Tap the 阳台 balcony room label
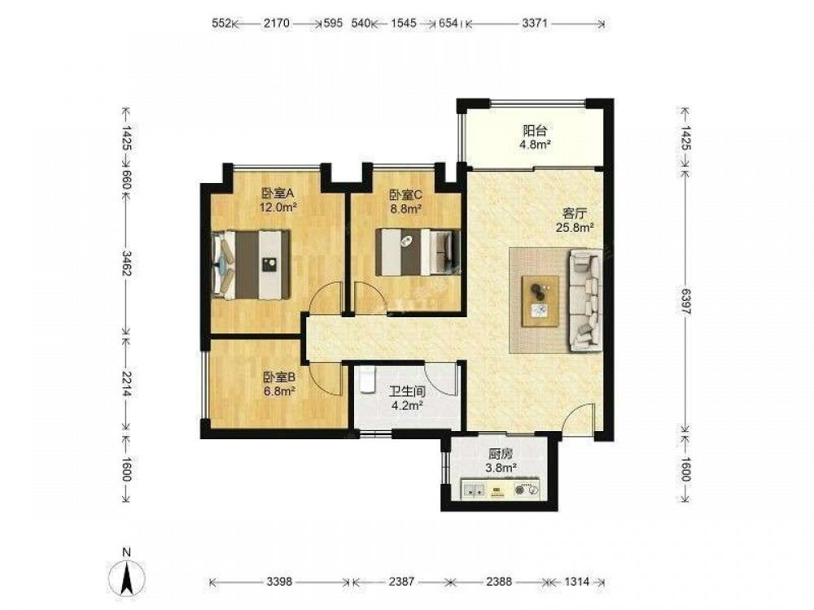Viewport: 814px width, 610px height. [x=535, y=130]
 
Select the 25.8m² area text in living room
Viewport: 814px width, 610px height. [x=575, y=227]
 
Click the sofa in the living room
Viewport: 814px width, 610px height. [x=585, y=301]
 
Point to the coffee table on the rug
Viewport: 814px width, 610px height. [x=540, y=301]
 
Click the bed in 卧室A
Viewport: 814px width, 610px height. [x=251, y=264]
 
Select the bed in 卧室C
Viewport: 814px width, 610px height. [x=418, y=252]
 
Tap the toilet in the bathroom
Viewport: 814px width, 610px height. [x=367, y=381]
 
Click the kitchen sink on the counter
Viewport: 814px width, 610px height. [x=474, y=489]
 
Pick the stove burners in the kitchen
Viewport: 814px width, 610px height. [x=526, y=490]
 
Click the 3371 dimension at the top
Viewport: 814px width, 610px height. [x=535, y=24]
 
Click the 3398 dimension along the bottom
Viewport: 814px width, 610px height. [x=279, y=582]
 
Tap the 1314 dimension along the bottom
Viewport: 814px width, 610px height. [x=577, y=582]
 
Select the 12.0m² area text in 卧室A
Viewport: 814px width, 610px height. [x=278, y=208]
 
